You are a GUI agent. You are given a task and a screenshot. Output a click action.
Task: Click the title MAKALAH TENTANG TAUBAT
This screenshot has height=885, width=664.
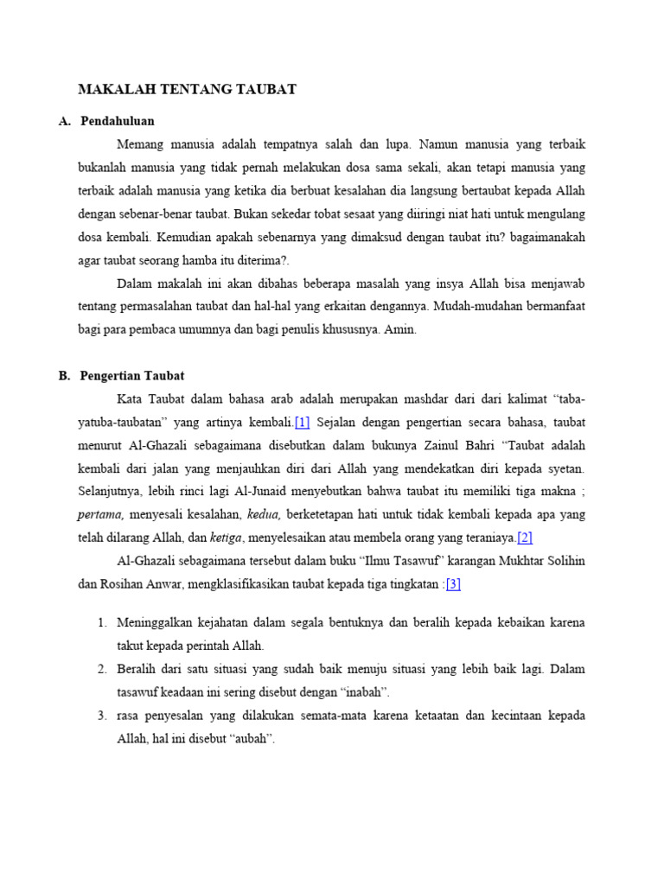(x=188, y=89)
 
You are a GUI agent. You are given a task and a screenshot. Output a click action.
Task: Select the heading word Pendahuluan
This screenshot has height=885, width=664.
(x=118, y=121)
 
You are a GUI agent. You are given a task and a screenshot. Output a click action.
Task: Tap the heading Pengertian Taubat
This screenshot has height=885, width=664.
(x=132, y=376)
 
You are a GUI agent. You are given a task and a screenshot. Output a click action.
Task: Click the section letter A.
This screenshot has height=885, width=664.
(x=64, y=121)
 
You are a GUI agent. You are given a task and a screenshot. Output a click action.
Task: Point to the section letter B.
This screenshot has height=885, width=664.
(x=64, y=376)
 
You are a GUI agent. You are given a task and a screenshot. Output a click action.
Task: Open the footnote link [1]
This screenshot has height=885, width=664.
(x=302, y=423)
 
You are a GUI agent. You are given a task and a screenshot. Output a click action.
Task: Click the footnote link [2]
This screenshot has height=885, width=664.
(x=524, y=538)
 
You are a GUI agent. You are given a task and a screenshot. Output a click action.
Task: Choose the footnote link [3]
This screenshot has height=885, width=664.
(x=453, y=583)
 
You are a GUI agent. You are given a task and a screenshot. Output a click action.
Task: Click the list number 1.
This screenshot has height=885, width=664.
(x=101, y=622)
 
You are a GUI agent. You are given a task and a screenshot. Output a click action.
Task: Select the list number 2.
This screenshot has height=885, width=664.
(x=101, y=669)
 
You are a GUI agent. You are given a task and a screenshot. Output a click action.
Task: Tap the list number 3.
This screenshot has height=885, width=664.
(x=101, y=716)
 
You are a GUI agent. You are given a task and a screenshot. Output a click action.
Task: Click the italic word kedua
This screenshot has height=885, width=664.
(x=264, y=514)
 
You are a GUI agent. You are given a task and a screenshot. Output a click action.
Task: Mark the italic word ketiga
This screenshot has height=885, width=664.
(x=226, y=538)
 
